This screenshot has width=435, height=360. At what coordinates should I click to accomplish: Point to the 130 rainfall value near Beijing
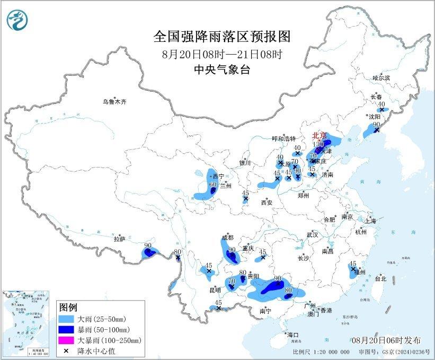pos(318,144)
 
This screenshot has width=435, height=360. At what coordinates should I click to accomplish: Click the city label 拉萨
pos(119,239)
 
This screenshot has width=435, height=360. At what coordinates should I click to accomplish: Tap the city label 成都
pos(228,238)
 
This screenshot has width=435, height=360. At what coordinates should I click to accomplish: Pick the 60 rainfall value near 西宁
pos(213,185)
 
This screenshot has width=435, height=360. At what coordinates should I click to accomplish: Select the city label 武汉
pos(312,234)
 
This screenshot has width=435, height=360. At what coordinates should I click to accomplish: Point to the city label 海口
pos(293,335)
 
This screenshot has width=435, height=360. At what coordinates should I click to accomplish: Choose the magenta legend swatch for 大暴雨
pos(67,340)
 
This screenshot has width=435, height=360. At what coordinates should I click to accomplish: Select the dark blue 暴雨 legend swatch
pos(67,330)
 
